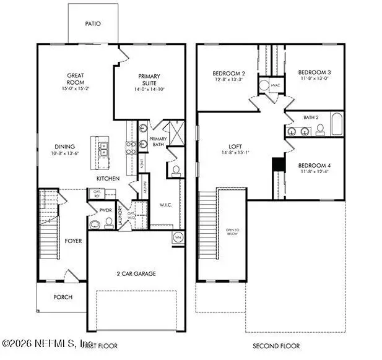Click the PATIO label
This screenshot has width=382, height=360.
pyautogui.click(x=92, y=24)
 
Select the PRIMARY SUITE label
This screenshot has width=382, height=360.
pyautogui.click(x=150, y=79)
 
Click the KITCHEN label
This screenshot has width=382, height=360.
pyautogui.click(x=107, y=178)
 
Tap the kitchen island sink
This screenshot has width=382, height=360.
pyautogui.click(x=104, y=148)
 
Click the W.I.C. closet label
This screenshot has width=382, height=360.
pyautogui.click(x=165, y=205)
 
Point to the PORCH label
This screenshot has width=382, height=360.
pyautogui.click(x=62, y=297)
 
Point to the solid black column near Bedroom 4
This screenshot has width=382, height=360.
pyautogui.click(x=277, y=165)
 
